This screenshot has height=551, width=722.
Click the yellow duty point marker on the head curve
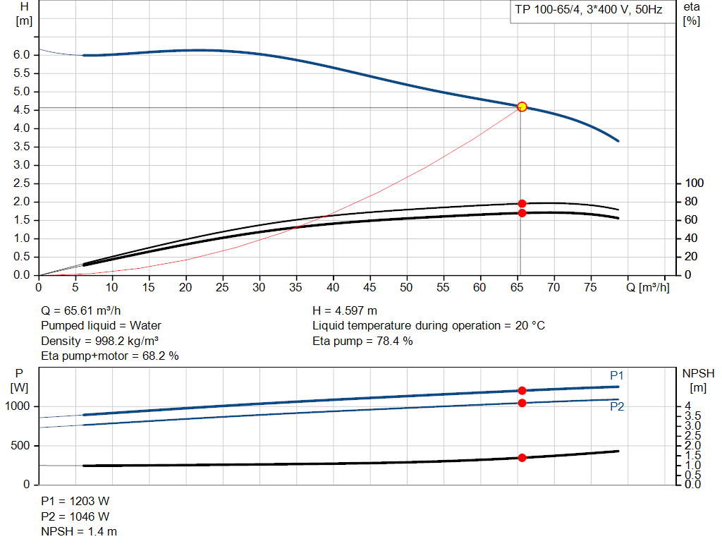(522, 107)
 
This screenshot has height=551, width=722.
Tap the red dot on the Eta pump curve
(522, 204)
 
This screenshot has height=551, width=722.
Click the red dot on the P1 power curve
(522, 390)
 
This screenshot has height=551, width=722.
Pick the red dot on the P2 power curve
(522, 403)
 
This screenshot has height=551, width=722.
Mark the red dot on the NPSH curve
(522, 458)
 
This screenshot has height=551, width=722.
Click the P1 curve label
(617, 375)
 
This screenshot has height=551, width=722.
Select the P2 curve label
(617, 406)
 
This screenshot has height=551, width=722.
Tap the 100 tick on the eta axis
(695, 183)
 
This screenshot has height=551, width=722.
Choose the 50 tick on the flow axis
(407, 287)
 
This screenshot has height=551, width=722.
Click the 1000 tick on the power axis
(19, 406)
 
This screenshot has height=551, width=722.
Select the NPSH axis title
(698, 373)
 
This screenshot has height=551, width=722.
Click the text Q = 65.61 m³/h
(85, 310)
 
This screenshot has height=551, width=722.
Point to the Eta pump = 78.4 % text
(362, 341)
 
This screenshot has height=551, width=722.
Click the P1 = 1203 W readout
(75, 501)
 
